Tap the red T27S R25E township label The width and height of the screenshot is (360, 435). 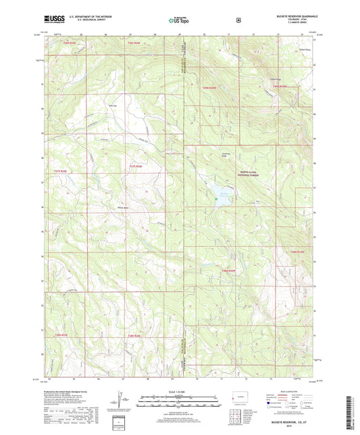(60, 172)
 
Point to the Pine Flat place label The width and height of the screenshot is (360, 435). (113, 105)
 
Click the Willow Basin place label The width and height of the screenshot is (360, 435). (123, 207)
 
